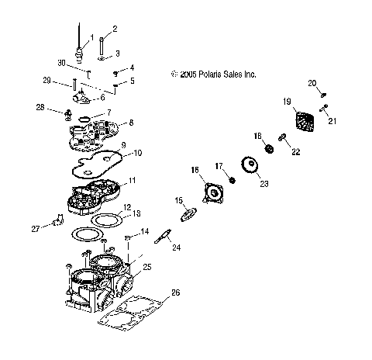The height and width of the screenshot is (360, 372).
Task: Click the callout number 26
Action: (x=175, y=292)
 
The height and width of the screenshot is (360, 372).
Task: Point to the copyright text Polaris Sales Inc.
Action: (x=213, y=75)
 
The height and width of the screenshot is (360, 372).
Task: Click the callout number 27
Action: (x=34, y=228)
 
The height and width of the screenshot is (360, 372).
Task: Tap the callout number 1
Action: (x=92, y=36)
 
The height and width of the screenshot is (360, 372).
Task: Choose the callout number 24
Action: (x=176, y=248)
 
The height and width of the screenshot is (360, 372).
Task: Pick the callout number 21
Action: (x=333, y=120)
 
